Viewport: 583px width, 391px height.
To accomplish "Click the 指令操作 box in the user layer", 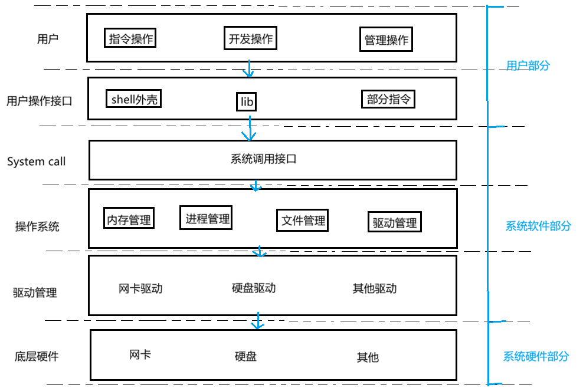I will [x=131, y=39].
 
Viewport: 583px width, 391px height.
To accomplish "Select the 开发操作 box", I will [x=250, y=39].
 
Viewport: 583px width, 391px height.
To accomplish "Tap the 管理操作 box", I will [x=387, y=40].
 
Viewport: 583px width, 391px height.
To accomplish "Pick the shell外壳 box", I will [x=135, y=99].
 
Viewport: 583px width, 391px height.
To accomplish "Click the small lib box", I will [x=247, y=101].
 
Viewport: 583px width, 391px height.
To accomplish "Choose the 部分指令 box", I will [x=388, y=99].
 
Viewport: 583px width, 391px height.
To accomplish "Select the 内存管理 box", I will [x=129, y=219].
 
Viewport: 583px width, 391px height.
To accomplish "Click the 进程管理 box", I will [x=206, y=218].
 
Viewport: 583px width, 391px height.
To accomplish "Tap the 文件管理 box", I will [x=303, y=221].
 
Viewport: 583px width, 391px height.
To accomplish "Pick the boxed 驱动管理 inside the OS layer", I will [x=395, y=222].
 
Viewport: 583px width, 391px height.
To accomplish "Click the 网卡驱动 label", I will [x=140, y=288].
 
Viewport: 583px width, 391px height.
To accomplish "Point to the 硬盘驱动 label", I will [x=254, y=288].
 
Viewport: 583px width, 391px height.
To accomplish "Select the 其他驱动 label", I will [x=375, y=288].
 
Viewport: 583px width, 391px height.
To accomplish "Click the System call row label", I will [x=37, y=162].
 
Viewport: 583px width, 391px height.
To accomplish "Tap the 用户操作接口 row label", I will [x=40, y=101].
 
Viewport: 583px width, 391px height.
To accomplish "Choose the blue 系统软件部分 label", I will [x=538, y=226].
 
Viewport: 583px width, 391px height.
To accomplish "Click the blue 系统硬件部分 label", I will [x=536, y=356].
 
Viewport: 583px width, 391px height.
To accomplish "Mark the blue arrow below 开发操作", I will [x=248, y=68].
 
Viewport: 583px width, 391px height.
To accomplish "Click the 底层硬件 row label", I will [x=37, y=356].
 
